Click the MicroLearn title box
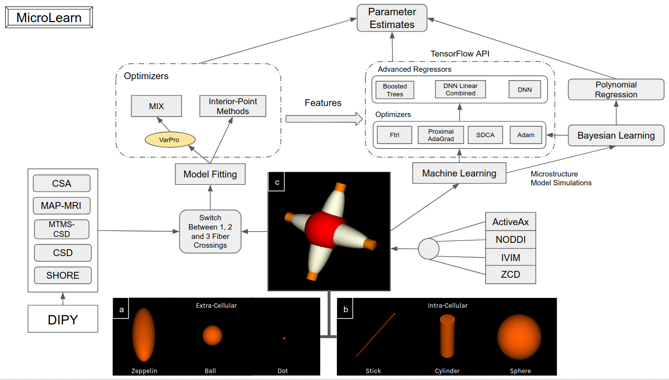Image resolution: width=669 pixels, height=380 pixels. point(49,18)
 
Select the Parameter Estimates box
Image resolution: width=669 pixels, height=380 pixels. point(392,18)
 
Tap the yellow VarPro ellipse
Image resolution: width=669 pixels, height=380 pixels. point(170,140)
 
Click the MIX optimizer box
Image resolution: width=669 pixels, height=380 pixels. point(156,106)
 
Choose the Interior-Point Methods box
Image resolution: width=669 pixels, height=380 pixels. point(233,106)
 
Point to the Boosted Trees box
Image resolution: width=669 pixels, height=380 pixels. point(395,90)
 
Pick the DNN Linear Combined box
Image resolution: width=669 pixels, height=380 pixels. point(460,89)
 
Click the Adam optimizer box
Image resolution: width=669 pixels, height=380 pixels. point(525,135)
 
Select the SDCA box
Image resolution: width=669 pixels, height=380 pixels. point(485,135)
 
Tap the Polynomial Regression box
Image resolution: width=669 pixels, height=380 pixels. point(616,89)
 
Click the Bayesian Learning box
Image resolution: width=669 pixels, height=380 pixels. point(616,136)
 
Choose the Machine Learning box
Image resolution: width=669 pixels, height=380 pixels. point(459,173)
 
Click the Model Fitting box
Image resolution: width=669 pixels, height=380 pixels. point(210,174)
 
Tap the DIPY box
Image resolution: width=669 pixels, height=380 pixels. point(62,320)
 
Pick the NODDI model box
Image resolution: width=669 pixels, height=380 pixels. point(510,240)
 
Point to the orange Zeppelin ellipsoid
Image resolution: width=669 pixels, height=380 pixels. point(144,334)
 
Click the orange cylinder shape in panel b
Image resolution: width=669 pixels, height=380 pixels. point(447,336)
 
